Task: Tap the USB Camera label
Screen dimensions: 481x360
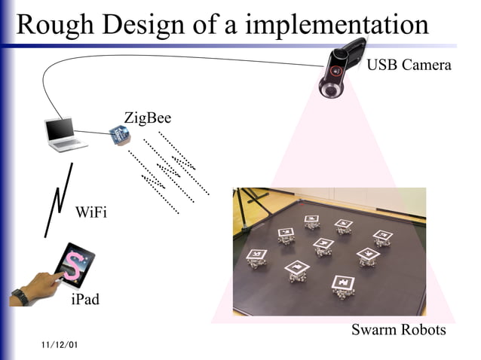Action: click(409, 65)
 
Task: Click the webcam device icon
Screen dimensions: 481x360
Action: click(341, 68)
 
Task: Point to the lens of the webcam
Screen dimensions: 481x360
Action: click(331, 90)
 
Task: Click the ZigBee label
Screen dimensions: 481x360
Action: click(147, 117)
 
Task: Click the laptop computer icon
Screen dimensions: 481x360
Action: click(63, 133)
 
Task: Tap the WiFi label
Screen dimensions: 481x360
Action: click(91, 212)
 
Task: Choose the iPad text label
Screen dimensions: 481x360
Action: click(84, 300)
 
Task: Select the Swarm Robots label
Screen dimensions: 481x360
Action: click(399, 330)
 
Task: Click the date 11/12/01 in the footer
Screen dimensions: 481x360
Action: click(60, 345)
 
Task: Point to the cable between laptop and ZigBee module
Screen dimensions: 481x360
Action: click(93, 133)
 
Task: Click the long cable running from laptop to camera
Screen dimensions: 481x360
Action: click(173, 57)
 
